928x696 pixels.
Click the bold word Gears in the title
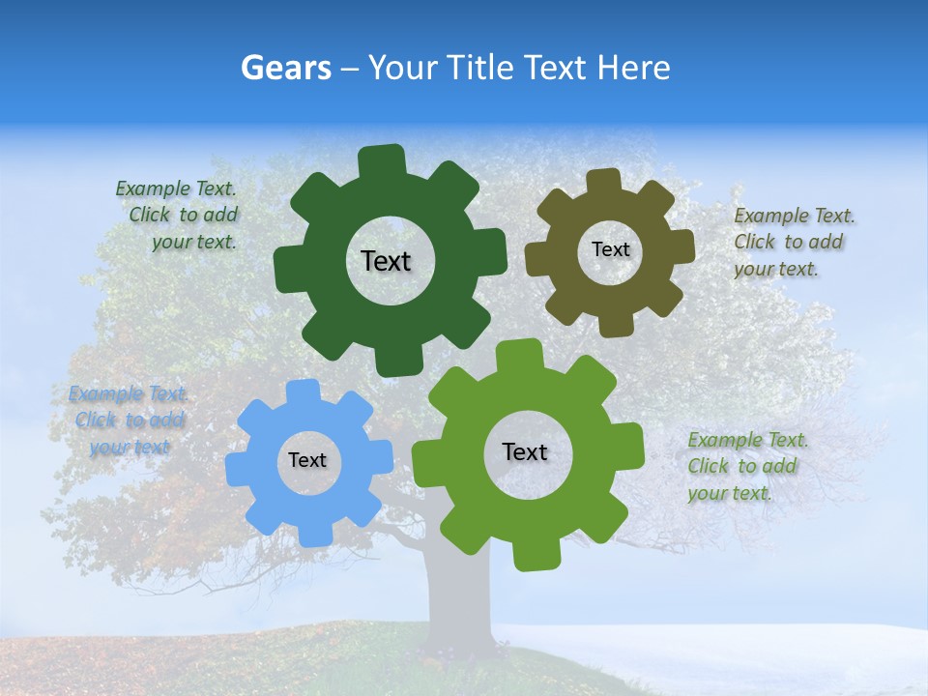(286, 68)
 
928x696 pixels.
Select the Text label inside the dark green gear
(386, 261)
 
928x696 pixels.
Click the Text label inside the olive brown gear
(610, 249)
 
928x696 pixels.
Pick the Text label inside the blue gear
(307, 460)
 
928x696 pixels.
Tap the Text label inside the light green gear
(525, 451)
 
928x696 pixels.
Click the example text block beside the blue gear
(128, 420)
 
